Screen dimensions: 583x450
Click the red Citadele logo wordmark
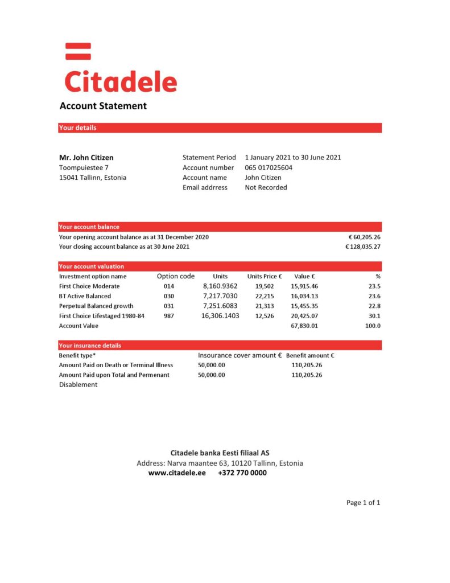point(121,81)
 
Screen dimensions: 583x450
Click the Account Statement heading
point(103,106)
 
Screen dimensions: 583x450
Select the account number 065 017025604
point(269,167)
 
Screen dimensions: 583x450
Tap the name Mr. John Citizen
point(86,157)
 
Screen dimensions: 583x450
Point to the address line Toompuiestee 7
point(84,167)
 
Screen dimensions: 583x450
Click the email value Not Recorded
point(266,187)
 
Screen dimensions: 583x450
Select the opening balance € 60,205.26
point(364,237)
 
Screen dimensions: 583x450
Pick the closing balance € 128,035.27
point(362,247)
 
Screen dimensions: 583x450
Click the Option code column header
point(176,276)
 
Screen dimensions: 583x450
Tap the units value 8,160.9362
point(220,286)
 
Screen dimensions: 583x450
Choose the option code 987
point(169,315)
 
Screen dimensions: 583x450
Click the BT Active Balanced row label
point(85,296)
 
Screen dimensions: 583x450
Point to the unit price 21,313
point(265,306)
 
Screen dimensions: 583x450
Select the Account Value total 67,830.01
point(304,326)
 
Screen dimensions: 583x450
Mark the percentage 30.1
point(374,315)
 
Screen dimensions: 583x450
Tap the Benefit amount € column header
point(310,355)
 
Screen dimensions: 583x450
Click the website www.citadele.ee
point(176,473)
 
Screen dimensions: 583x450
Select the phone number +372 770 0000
point(242,473)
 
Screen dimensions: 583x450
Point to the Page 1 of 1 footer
point(363,503)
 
